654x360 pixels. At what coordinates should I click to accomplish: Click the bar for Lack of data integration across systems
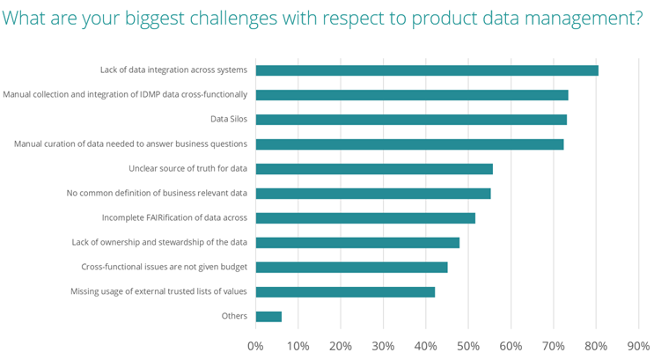coord(427,70)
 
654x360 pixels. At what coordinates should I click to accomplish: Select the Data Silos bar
coord(411,120)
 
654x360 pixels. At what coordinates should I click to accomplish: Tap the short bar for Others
coord(268,317)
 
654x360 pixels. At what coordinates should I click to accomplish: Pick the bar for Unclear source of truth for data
coord(374,169)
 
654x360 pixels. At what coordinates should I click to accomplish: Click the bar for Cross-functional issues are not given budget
coord(351,268)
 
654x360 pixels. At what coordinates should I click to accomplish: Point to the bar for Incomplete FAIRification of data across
coord(365,218)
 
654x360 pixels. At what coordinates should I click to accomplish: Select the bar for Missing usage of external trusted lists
coord(345,292)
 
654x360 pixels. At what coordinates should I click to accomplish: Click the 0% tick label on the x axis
coord(255,346)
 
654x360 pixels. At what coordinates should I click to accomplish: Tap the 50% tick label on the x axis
coord(468,346)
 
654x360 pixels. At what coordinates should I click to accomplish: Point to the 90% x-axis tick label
coord(638,346)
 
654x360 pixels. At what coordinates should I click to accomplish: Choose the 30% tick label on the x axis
coord(383,346)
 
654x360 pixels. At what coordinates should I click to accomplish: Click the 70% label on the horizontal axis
coord(553,346)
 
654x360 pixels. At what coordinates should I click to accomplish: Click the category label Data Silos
coord(228,119)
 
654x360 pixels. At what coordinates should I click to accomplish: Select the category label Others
coord(233,316)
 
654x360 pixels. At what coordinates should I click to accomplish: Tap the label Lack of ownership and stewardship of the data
coord(159,242)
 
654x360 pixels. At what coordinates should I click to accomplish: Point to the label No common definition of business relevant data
coord(158,193)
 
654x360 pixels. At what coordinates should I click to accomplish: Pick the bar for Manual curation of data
coord(409,144)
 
